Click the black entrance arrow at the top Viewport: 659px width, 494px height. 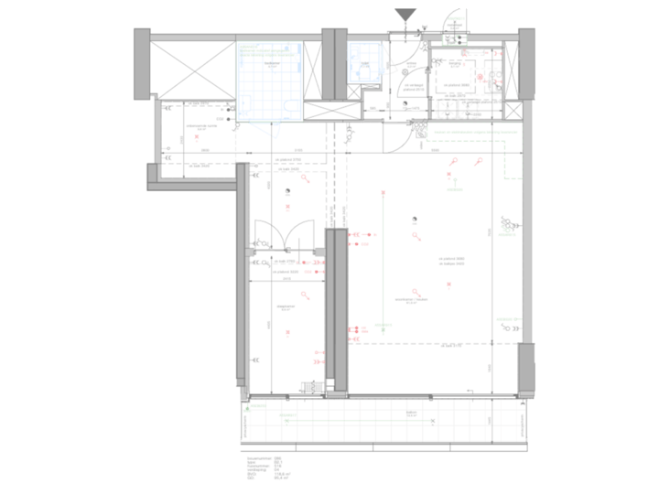pyautogui.click(x=405, y=15)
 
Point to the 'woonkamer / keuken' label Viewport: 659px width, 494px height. pyautogui.click(x=419, y=299)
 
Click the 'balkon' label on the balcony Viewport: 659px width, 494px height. pyautogui.click(x=412, y=413)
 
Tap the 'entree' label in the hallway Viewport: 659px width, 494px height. pyautogui.click(x=412, y=63)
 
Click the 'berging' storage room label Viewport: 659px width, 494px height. pyautogui.click(x=454, y=63)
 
